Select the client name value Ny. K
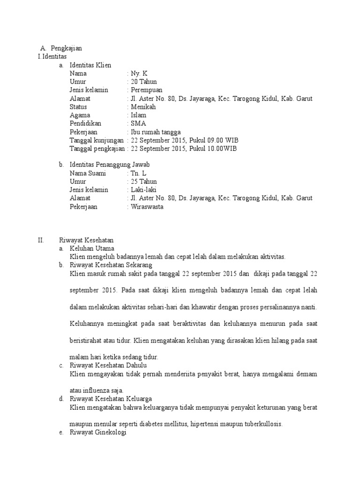[x=139, y=74]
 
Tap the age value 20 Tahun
[x=144, y=82]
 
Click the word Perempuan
[x=147, y=90]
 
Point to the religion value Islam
[x=139, y=115]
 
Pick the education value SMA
[x=138, y=124]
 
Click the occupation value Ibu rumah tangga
[x=156, y=132]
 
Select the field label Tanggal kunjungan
[x=97, y=140]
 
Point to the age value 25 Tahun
[x=144, y=181]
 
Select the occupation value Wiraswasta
[x=147, y=207]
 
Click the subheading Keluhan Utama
[x=92, y=248]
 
